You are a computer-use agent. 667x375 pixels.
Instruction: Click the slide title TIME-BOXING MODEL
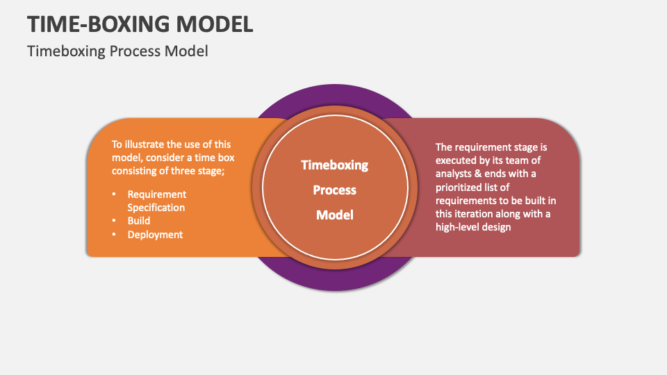pyautogui.click(x=140, y=24)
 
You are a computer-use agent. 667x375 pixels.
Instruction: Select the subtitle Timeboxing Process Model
pyautogui.click(x=117, y=51)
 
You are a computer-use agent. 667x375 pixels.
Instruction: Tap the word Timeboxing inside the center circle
pyautogui.click(x=334, y=165)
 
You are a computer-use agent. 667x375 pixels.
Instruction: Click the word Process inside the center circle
pyautogui.click(x=334, y=190)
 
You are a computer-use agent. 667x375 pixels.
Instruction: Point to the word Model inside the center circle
pyautogui.click(x=334, y=215)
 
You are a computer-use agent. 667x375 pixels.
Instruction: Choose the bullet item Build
pyautogui.click(x=139, y=221)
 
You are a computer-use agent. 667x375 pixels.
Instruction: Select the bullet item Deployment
pyautogui.click(x=155, y=235)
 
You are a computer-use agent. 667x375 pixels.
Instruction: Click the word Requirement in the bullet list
pyautogui.click(x=157, y=194)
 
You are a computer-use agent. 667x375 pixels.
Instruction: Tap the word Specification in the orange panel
pyautogui.click(x=156, y=208)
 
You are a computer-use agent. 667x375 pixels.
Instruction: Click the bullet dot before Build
pyautogui.click(x=115, y=221)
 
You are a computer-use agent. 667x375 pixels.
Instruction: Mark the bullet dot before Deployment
pyautogui.click(x=115, y=235)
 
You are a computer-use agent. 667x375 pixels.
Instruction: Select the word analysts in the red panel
pyautogui.click(x=454, y=174)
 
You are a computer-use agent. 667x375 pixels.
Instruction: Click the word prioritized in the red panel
pyautogui.click(x=461, y=187)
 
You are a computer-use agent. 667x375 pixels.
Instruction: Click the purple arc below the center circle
pyautogui.click(x=334, y=281)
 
